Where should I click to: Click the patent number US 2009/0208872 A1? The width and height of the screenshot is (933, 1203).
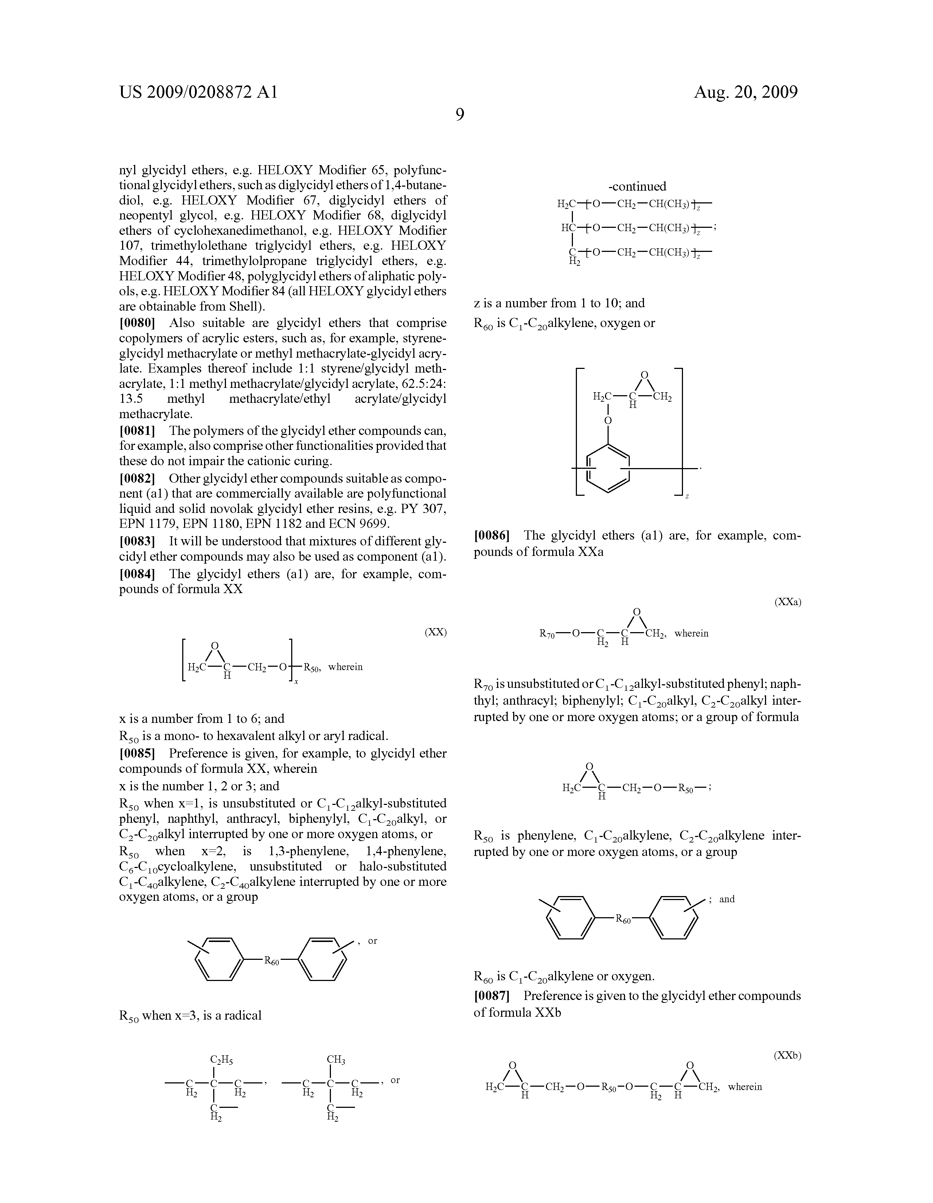(198, 92)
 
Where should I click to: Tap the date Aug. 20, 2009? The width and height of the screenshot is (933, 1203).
(745, 92)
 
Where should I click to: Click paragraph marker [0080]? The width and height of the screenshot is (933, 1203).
(137, 323)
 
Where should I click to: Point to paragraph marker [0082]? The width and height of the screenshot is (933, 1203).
(137, 478)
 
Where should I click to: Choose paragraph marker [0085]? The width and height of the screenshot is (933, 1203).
(137, 753)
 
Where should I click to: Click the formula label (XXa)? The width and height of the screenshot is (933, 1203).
(788, 602)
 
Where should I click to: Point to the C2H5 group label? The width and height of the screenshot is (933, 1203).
(222, 1059)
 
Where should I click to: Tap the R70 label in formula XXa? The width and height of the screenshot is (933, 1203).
(548, 634)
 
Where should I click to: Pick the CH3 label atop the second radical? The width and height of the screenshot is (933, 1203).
(336, 1059)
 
